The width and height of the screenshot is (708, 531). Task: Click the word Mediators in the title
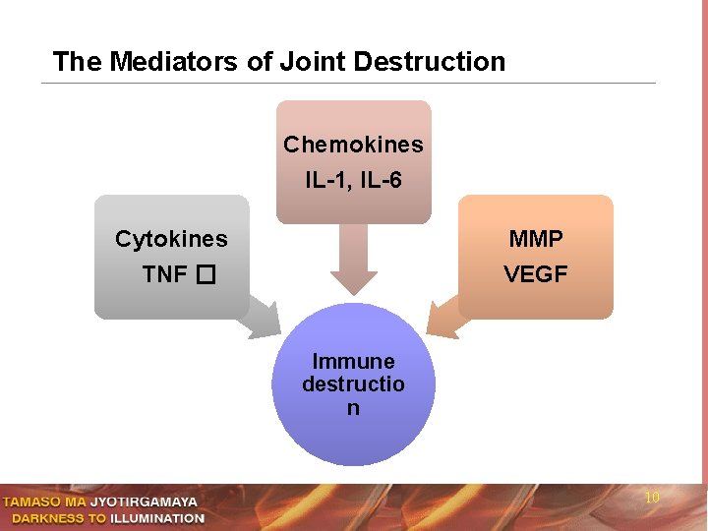tap(173, 61)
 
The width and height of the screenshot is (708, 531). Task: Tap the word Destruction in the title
tap(429, 61)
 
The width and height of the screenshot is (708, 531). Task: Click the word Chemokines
tap(354, 145)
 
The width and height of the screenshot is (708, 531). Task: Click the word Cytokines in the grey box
tap(171, 239)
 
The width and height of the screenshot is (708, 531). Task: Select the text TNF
tap(164, 273)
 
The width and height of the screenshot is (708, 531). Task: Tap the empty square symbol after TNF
tap(206, 274)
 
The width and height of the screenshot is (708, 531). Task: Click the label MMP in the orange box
tap(536, 238)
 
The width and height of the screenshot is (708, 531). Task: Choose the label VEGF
tap(536, 273)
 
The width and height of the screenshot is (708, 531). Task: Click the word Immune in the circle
tap(354, 361)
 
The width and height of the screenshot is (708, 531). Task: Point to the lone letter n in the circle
tap(353, 408)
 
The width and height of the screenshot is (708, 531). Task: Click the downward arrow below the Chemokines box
tap(354, 260)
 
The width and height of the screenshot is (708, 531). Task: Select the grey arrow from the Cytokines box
tap(261, 318)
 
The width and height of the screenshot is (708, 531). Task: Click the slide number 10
tap(652, 498)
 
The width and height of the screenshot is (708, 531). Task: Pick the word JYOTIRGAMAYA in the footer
tap(144, 501)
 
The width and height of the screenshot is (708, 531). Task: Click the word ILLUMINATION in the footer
tap(157, 518)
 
